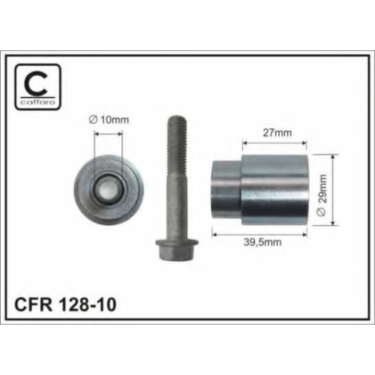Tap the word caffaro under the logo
(37, 102)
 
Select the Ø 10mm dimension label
(109, 120)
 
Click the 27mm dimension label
(277, 133)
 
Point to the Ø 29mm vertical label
(322, 195)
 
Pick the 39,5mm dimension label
(262, 242)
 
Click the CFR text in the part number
(33, 304)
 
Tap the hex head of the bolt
(177, 249)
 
